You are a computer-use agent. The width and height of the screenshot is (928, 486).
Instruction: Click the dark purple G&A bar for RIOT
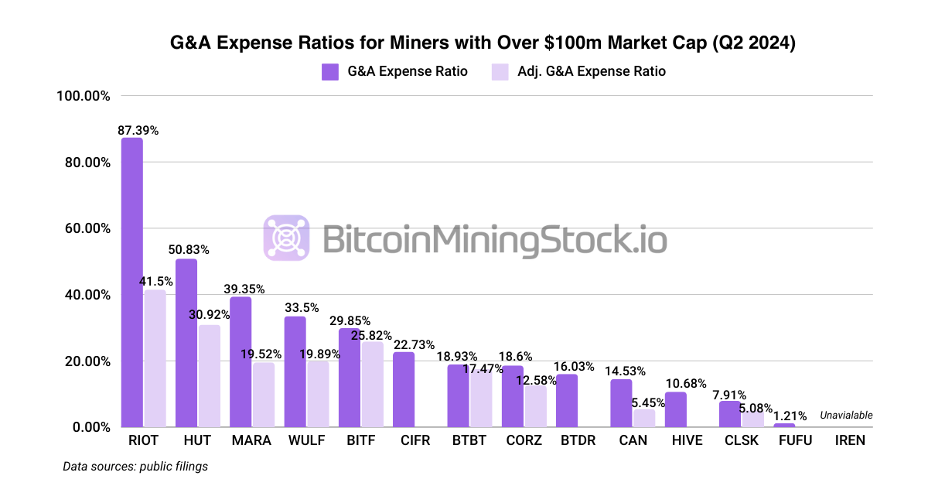tap(132, 282)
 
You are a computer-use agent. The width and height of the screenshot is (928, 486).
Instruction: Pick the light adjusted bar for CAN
tap(643, 419)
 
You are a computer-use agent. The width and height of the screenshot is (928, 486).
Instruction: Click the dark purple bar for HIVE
tap(675, 410)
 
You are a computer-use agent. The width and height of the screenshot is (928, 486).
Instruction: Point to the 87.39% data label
tap(138, 131)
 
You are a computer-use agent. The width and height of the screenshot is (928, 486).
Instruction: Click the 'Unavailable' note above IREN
tap(846, 416)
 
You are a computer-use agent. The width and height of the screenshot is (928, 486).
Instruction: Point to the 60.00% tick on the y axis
tap(84, 229)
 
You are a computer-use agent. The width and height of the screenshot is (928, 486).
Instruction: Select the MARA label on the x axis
tap(251, 441)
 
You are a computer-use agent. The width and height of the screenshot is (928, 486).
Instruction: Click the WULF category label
tap(305, 441)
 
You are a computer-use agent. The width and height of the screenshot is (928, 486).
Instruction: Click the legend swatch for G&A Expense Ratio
tap(331, 71)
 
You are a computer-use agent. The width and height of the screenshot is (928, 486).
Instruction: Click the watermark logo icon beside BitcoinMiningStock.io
tap(287, 238)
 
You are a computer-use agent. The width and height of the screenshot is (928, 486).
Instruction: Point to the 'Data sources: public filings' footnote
tap(135, 467)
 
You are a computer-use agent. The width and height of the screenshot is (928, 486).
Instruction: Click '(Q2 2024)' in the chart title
tap(751, 44)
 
